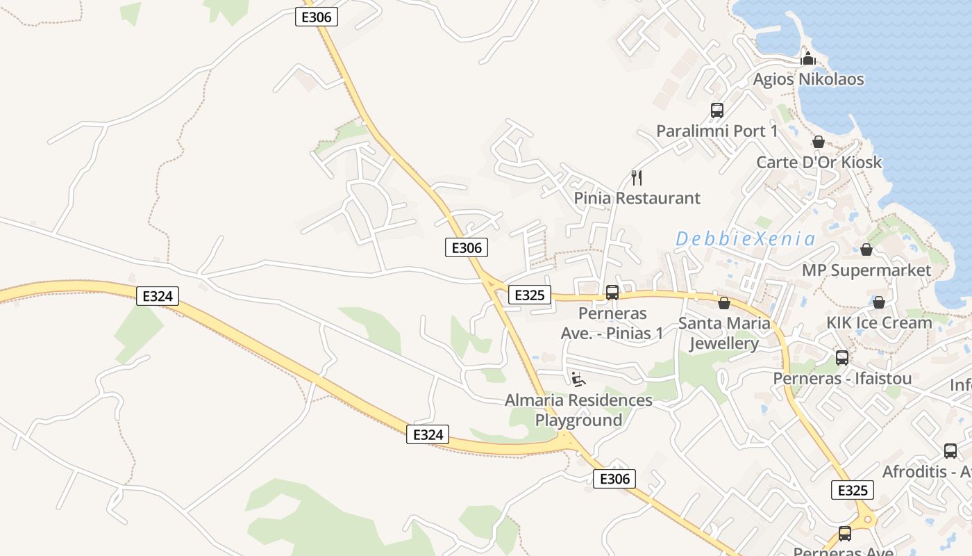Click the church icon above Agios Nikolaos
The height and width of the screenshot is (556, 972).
[x=808, y=58]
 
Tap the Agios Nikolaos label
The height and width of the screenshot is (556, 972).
[x=808, y=79]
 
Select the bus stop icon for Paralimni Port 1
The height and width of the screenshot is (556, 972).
[x=717, y=111]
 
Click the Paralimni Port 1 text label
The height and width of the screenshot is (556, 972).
[x=717, y=131]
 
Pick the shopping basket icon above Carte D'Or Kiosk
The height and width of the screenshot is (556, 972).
[x=819, y=142]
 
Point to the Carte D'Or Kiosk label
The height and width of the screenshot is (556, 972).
[x=819, y=163]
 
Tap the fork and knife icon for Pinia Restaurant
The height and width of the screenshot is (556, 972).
[x=637, y=178]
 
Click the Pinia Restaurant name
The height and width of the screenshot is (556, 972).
[x=637, y=198]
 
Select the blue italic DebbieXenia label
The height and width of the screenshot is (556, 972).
[x=745, y=240]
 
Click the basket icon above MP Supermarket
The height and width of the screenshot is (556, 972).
[x=866, y=250]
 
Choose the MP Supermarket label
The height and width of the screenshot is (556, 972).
[x=866, y=270]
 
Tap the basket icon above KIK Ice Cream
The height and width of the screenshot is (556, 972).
[x=878, y=302]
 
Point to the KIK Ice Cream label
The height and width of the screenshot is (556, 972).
[x=878, y=323]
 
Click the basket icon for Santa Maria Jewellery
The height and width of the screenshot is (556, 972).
[x=724, y=303]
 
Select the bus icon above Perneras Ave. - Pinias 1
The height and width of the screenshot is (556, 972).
[x=612, y=293]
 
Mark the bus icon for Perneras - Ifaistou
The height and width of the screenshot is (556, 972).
[x=842, y=358]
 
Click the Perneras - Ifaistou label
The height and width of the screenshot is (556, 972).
[x=842, y=379]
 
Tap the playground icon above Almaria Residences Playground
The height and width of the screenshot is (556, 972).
[x=578, y=379]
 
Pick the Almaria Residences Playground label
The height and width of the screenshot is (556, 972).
[x=578, y=410]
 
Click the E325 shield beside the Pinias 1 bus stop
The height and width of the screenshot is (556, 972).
[x=529, y=295]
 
